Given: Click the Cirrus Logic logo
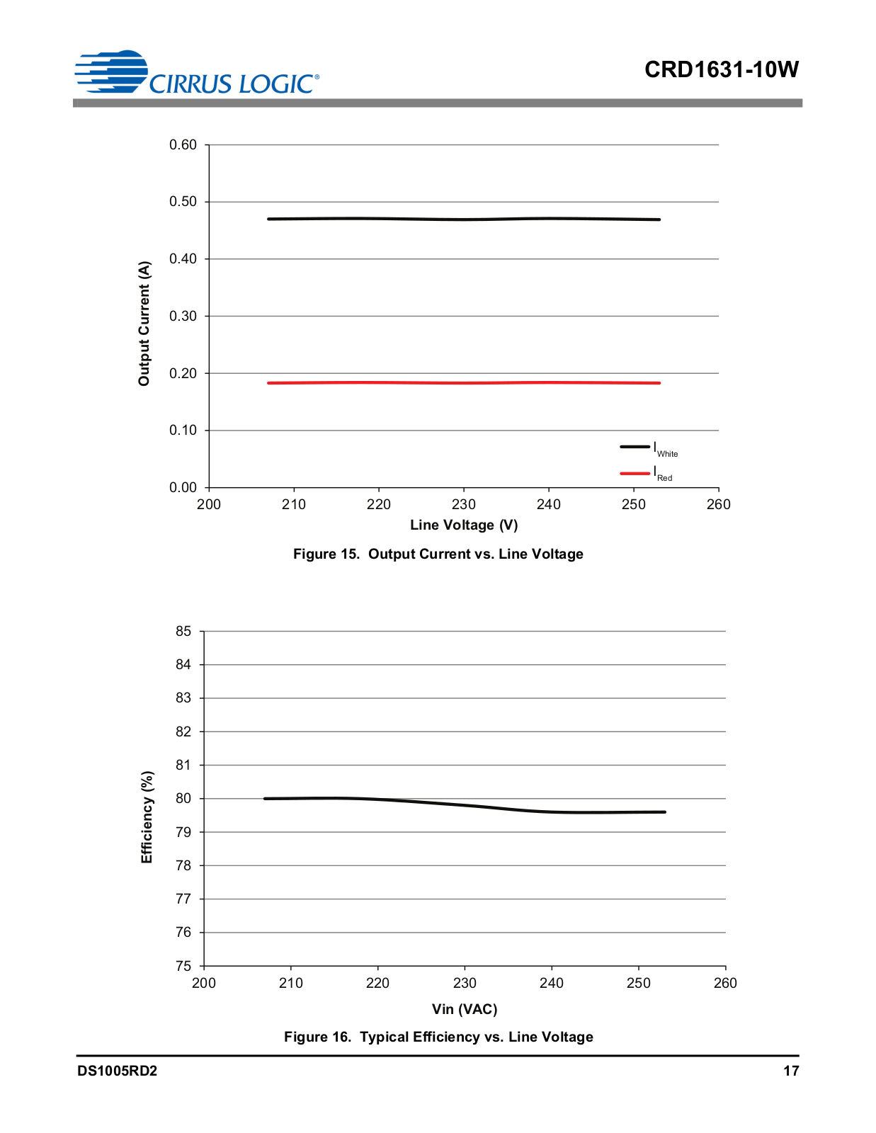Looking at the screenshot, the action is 197,73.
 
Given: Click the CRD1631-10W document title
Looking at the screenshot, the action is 721,69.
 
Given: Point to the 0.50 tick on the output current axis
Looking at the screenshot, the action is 183,201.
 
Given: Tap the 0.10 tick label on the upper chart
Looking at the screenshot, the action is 183,430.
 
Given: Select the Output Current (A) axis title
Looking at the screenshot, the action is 144,324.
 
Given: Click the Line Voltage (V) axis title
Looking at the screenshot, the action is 464,525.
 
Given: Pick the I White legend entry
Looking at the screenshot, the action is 649,448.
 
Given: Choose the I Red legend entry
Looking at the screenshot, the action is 647,474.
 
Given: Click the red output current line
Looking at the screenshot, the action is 464,382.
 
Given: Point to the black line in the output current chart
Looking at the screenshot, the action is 464,219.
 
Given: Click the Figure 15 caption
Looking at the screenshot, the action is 438,554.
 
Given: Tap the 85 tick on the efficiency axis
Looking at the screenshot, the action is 183,631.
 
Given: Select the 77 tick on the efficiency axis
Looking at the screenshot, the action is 183,899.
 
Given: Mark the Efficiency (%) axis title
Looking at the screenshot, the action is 147,816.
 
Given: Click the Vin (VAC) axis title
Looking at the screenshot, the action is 464,1009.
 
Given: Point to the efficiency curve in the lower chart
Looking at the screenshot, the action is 465,806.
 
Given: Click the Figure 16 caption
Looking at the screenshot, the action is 438,1037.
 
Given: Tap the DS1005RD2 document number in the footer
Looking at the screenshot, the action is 117,1071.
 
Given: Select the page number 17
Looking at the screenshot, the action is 791,1071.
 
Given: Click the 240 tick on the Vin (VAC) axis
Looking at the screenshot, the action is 551,984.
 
